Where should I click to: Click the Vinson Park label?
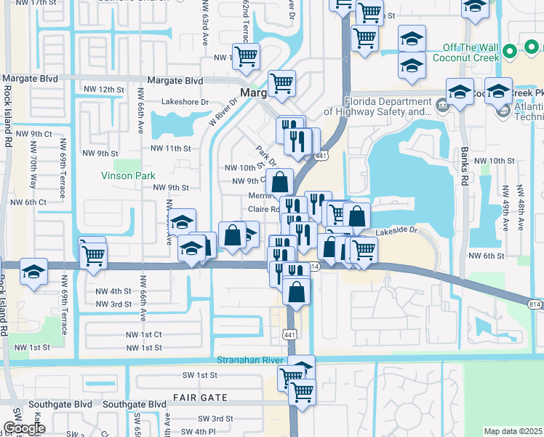(128, 176)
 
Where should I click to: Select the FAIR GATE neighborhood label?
(200, 398)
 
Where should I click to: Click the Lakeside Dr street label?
(398, 232)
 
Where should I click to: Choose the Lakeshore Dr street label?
(185, 102)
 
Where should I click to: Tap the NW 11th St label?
(170, 148)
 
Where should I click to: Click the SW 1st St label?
(199, 374)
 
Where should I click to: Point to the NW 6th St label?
(487, 256)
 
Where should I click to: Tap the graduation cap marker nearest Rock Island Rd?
(33, 272)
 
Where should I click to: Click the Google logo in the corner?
(24, 428)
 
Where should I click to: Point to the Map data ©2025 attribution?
(513, 431)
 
